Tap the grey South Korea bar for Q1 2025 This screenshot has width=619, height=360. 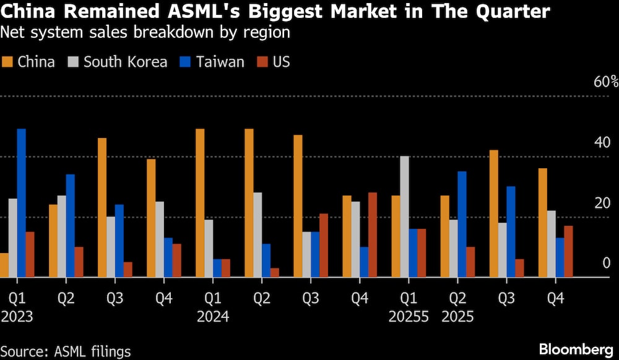point(404,216)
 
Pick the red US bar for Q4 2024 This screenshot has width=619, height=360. point(372,235)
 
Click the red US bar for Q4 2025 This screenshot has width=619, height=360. point(568,252)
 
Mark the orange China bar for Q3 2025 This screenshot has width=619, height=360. point(494,213)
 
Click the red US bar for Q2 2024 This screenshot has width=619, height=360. point(274,273)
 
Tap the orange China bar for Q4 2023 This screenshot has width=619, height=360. point(151,218)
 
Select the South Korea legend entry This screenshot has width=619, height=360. point(118,62)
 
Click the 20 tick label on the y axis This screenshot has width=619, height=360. point(602,204)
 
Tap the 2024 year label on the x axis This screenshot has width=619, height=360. point(212,317)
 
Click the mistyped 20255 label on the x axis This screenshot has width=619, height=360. point(409,317)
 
